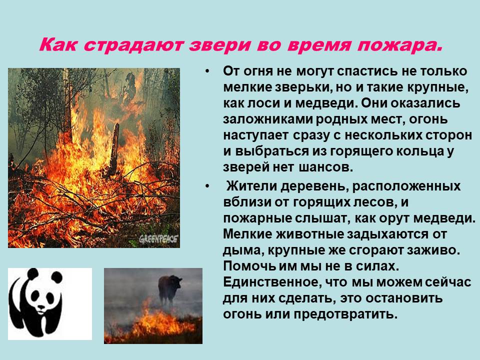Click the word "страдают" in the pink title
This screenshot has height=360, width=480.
[x=133, y=44]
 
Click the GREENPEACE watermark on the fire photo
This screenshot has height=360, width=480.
[x=158, y=238]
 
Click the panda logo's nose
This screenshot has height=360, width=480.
[x=40, y=307]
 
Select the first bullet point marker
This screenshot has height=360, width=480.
[x=207, y=71]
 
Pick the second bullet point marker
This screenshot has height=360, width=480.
[x=207, y=186]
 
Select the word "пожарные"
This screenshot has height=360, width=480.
[x=257, y=218]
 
